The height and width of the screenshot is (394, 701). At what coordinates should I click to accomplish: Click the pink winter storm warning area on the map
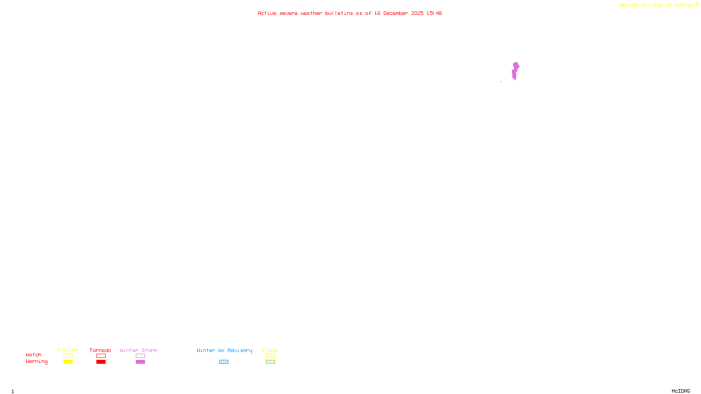tap(515, 70)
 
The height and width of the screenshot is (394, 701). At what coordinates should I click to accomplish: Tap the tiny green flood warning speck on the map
tap(501, 81)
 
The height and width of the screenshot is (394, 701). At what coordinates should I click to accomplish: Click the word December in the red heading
tap(396, 13)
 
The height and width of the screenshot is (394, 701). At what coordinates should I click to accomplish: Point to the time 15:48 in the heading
tap(434, 13)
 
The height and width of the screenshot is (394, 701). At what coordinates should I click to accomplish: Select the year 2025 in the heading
tap(417, 13)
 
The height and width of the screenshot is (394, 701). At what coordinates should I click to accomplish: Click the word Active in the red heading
tap(267, 13)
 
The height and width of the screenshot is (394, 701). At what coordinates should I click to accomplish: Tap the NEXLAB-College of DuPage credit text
tap(656, 5)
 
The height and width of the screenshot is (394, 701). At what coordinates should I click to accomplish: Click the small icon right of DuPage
tap(697, 5)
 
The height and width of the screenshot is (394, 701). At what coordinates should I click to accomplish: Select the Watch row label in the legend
tap(34, 355)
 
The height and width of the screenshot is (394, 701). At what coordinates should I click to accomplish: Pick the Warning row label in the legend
tap(36, 362)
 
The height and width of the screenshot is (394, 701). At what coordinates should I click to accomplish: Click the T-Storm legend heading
tap(67, 350)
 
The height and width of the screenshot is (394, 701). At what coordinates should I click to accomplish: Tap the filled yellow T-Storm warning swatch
tap(68, 362)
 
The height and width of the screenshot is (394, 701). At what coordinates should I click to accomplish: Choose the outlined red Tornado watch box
tap(101, 356)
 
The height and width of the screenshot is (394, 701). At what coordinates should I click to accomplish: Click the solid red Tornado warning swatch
tap(101, 362)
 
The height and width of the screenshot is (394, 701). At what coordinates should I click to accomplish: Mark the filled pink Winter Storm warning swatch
tap(140, 362)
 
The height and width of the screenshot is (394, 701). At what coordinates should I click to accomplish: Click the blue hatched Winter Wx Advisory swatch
tap(223, 362)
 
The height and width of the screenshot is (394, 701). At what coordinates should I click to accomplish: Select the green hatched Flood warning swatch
tap(270, 362)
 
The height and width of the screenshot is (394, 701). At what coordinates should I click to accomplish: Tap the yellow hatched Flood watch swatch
tap(270, 356)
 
